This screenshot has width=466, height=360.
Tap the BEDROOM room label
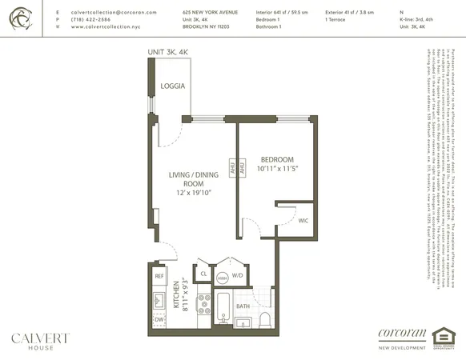coord(277,159)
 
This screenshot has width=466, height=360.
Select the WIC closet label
coord(303,220)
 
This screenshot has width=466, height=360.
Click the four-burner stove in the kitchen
coord(203,307)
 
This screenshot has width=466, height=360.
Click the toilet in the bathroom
coord(265,321)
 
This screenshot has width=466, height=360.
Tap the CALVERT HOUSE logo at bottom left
coord(40,342)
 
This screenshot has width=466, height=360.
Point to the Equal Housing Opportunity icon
coord(442,339)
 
